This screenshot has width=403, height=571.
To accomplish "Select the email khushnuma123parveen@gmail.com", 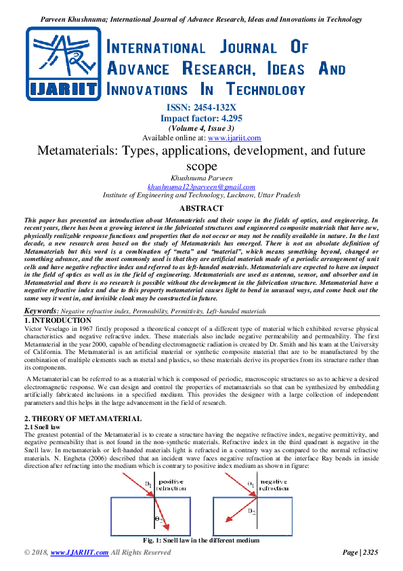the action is click(201, 186).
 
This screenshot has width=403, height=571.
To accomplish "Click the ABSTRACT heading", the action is click(201, 208).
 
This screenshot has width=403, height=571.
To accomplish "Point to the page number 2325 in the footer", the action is click(370, 553).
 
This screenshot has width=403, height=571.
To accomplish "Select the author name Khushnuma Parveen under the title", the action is click(201, 178).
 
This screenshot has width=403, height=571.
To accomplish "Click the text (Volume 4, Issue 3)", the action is click(201, 127).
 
